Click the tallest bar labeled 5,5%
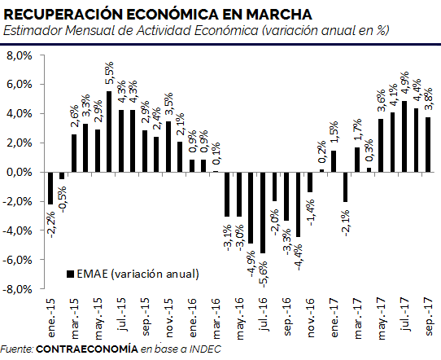[109, 131]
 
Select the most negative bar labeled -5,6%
[263, 213]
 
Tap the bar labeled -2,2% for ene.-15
[50, 188]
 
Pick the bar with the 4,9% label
[404, 137]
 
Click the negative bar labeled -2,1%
[345, 187]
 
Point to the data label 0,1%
[216, 154]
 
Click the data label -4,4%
[298, 257]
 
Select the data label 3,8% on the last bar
[428, 99]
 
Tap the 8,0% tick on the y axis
[20, 55]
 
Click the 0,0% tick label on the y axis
[20, 172]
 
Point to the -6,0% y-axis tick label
[17, 260]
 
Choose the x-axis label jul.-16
[264, 314]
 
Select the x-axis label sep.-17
[428, 316]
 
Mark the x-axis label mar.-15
[75, 318]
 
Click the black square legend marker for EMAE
[70, 274]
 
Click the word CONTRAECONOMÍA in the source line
[87, 349]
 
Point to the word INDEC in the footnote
[205, 349]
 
